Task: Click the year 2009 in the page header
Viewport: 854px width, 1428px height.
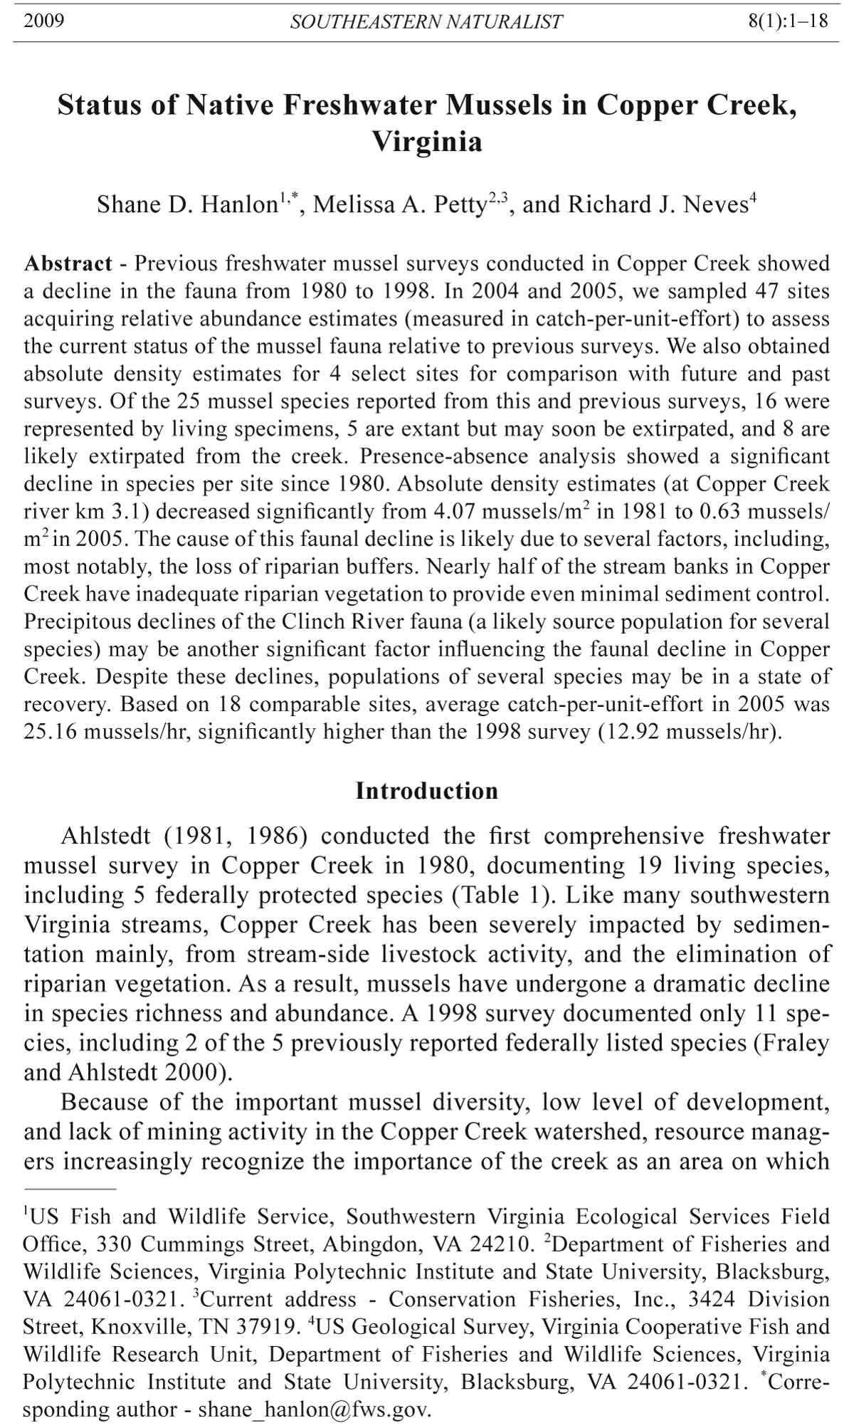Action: pos(44,21)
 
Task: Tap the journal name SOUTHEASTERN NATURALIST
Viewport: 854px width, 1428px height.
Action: pos(426,22)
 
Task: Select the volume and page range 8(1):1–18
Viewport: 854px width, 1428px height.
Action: pos(788,21)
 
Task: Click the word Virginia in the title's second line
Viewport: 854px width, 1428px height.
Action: pos(427,142)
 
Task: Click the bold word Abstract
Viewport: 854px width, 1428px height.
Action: pos(68,264)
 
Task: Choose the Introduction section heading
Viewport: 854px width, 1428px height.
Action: pos(427,791)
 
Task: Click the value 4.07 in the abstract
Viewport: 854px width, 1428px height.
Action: pos(453,512)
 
